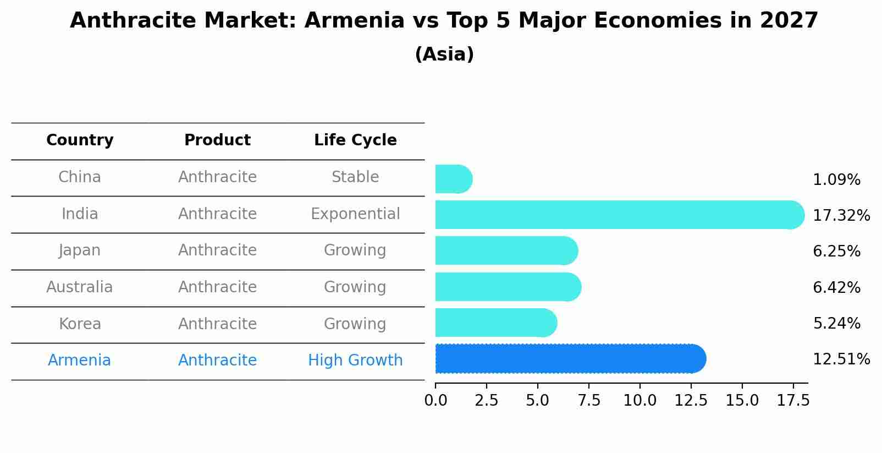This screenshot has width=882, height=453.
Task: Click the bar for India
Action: pyautogui.click(x=619, y=215)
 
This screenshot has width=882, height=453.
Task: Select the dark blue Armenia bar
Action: pyautogui.click(x=570, y=359)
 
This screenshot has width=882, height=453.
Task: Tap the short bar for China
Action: pyautogui.click(x=453, y=179)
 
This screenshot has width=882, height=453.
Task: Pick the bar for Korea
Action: pyautogui.click(x=495, y=323)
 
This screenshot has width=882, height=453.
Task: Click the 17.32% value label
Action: pyautogui.click(x=841, y=215)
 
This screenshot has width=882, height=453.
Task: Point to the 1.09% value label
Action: pyautogui.click(x=836, y=179)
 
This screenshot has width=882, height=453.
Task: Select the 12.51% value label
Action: pyautogui.click(x=841, y=359)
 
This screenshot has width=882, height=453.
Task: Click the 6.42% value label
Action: pyautogui.click(x=836, y=287)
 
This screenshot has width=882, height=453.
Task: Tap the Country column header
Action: pyautogui.click(x=80, y=140)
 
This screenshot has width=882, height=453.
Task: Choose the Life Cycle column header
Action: pyautogui.click(x=355, y=140)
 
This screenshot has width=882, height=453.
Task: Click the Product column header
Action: pyautogui.click(x=217, y=140)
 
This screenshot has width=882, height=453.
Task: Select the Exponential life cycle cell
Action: pyautogui.click(x=355, y=214)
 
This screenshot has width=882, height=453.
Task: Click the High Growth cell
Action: pyautogui.click(x=355, y=361)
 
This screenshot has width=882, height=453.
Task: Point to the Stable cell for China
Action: pyautogui.click(x=355, y=177)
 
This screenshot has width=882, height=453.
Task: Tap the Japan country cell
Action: pyautogui.click(x=80, y=250)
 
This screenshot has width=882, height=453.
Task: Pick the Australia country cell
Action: pyautogui.click(x=80, y=287)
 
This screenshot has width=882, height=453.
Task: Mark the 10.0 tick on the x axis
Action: pyautogui.click(x=640, y=400)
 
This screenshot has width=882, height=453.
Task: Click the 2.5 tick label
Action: pyautogui.click(x=487, y=400)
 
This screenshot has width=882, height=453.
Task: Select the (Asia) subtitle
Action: pyautogui.click(x=444, y=54)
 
